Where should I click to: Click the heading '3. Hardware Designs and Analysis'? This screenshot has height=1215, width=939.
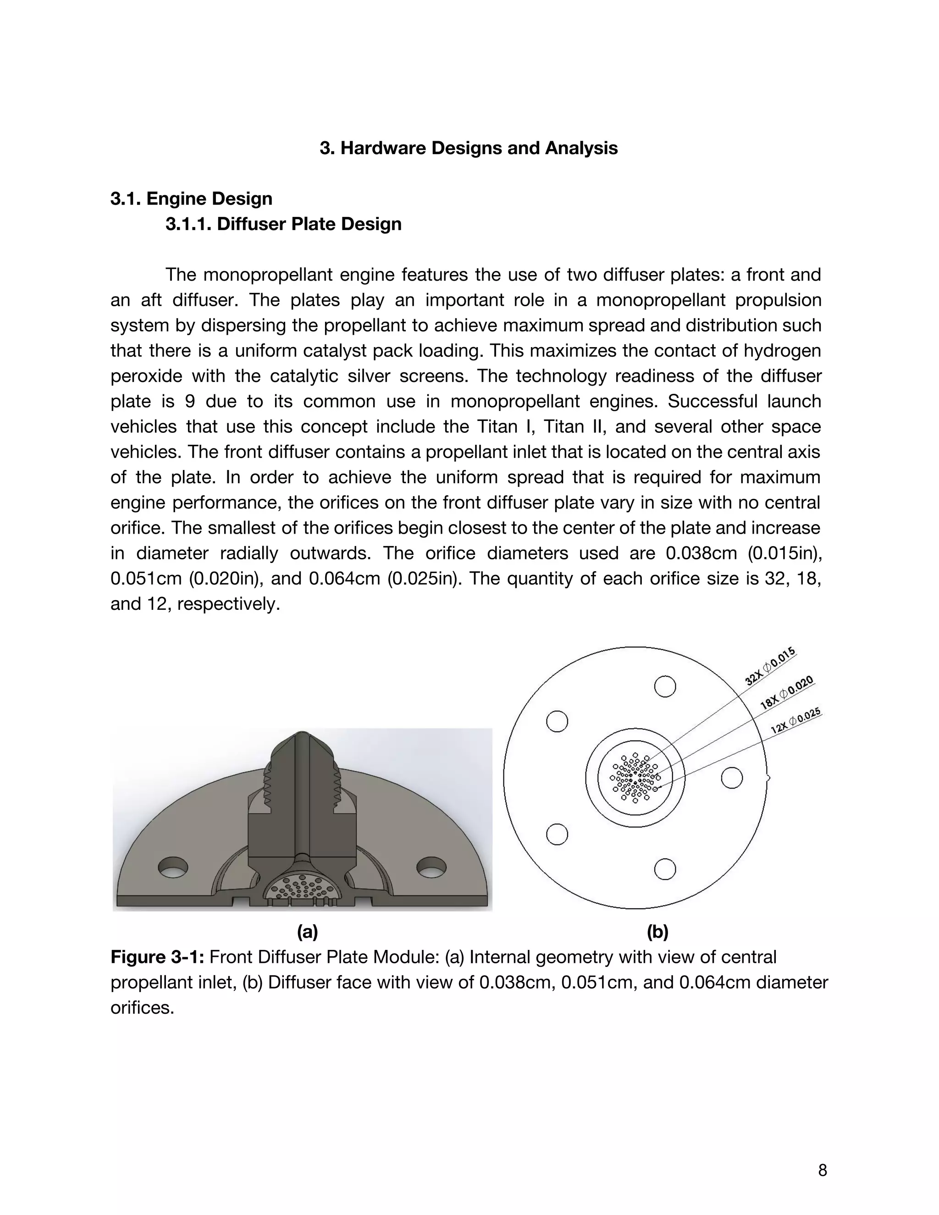point(469,148)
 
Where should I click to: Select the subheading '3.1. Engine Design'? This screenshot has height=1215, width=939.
point(191,199)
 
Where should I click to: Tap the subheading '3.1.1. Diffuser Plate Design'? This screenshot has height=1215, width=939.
point(283,224)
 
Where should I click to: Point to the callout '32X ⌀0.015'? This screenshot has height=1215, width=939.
point(770,666)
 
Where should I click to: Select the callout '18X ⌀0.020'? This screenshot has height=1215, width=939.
point(787,692)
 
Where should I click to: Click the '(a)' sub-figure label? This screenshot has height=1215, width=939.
point(307,931)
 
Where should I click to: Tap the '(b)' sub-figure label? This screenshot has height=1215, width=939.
point(657,931)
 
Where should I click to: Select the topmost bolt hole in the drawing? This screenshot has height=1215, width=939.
point(665,686)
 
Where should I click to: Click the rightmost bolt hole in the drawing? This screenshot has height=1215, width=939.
point(731,777)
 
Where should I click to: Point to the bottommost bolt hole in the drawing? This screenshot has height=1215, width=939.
point(665,869)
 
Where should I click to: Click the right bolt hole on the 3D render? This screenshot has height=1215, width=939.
point(431,867)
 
